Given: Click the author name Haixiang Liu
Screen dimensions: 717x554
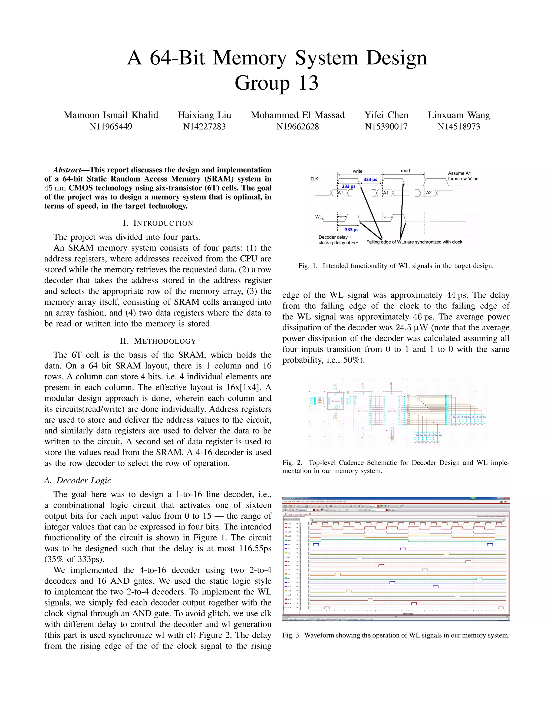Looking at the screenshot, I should [204, 115].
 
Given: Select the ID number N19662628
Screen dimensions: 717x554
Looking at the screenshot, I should [297, 126].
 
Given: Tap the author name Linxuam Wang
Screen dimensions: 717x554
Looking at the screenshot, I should [459, 115].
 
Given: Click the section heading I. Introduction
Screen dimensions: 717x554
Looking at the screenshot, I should [158, 223].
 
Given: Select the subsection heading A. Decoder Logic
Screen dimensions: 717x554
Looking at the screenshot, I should [78, 480].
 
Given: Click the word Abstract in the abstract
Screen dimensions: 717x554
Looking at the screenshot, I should [67, 170].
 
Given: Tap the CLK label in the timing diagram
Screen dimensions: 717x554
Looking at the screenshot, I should [314, 179].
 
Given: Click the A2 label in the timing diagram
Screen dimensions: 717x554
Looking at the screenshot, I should [429, 193].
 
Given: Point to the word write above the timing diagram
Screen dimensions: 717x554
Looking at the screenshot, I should [357, 171].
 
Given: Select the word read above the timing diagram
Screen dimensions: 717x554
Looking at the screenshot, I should [405, 171].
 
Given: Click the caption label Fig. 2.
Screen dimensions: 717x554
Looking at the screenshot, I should [292, 463].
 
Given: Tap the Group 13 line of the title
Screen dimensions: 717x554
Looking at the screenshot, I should [276, 83].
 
